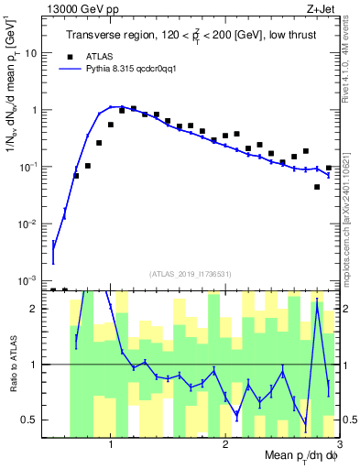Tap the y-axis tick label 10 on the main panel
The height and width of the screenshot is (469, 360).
(x=30, y=53)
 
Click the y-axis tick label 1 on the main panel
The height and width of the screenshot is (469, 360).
(x=35, y=110)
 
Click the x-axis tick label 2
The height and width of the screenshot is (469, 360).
(x=225, y=444)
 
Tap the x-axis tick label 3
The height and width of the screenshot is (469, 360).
(x=339, y=444)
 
